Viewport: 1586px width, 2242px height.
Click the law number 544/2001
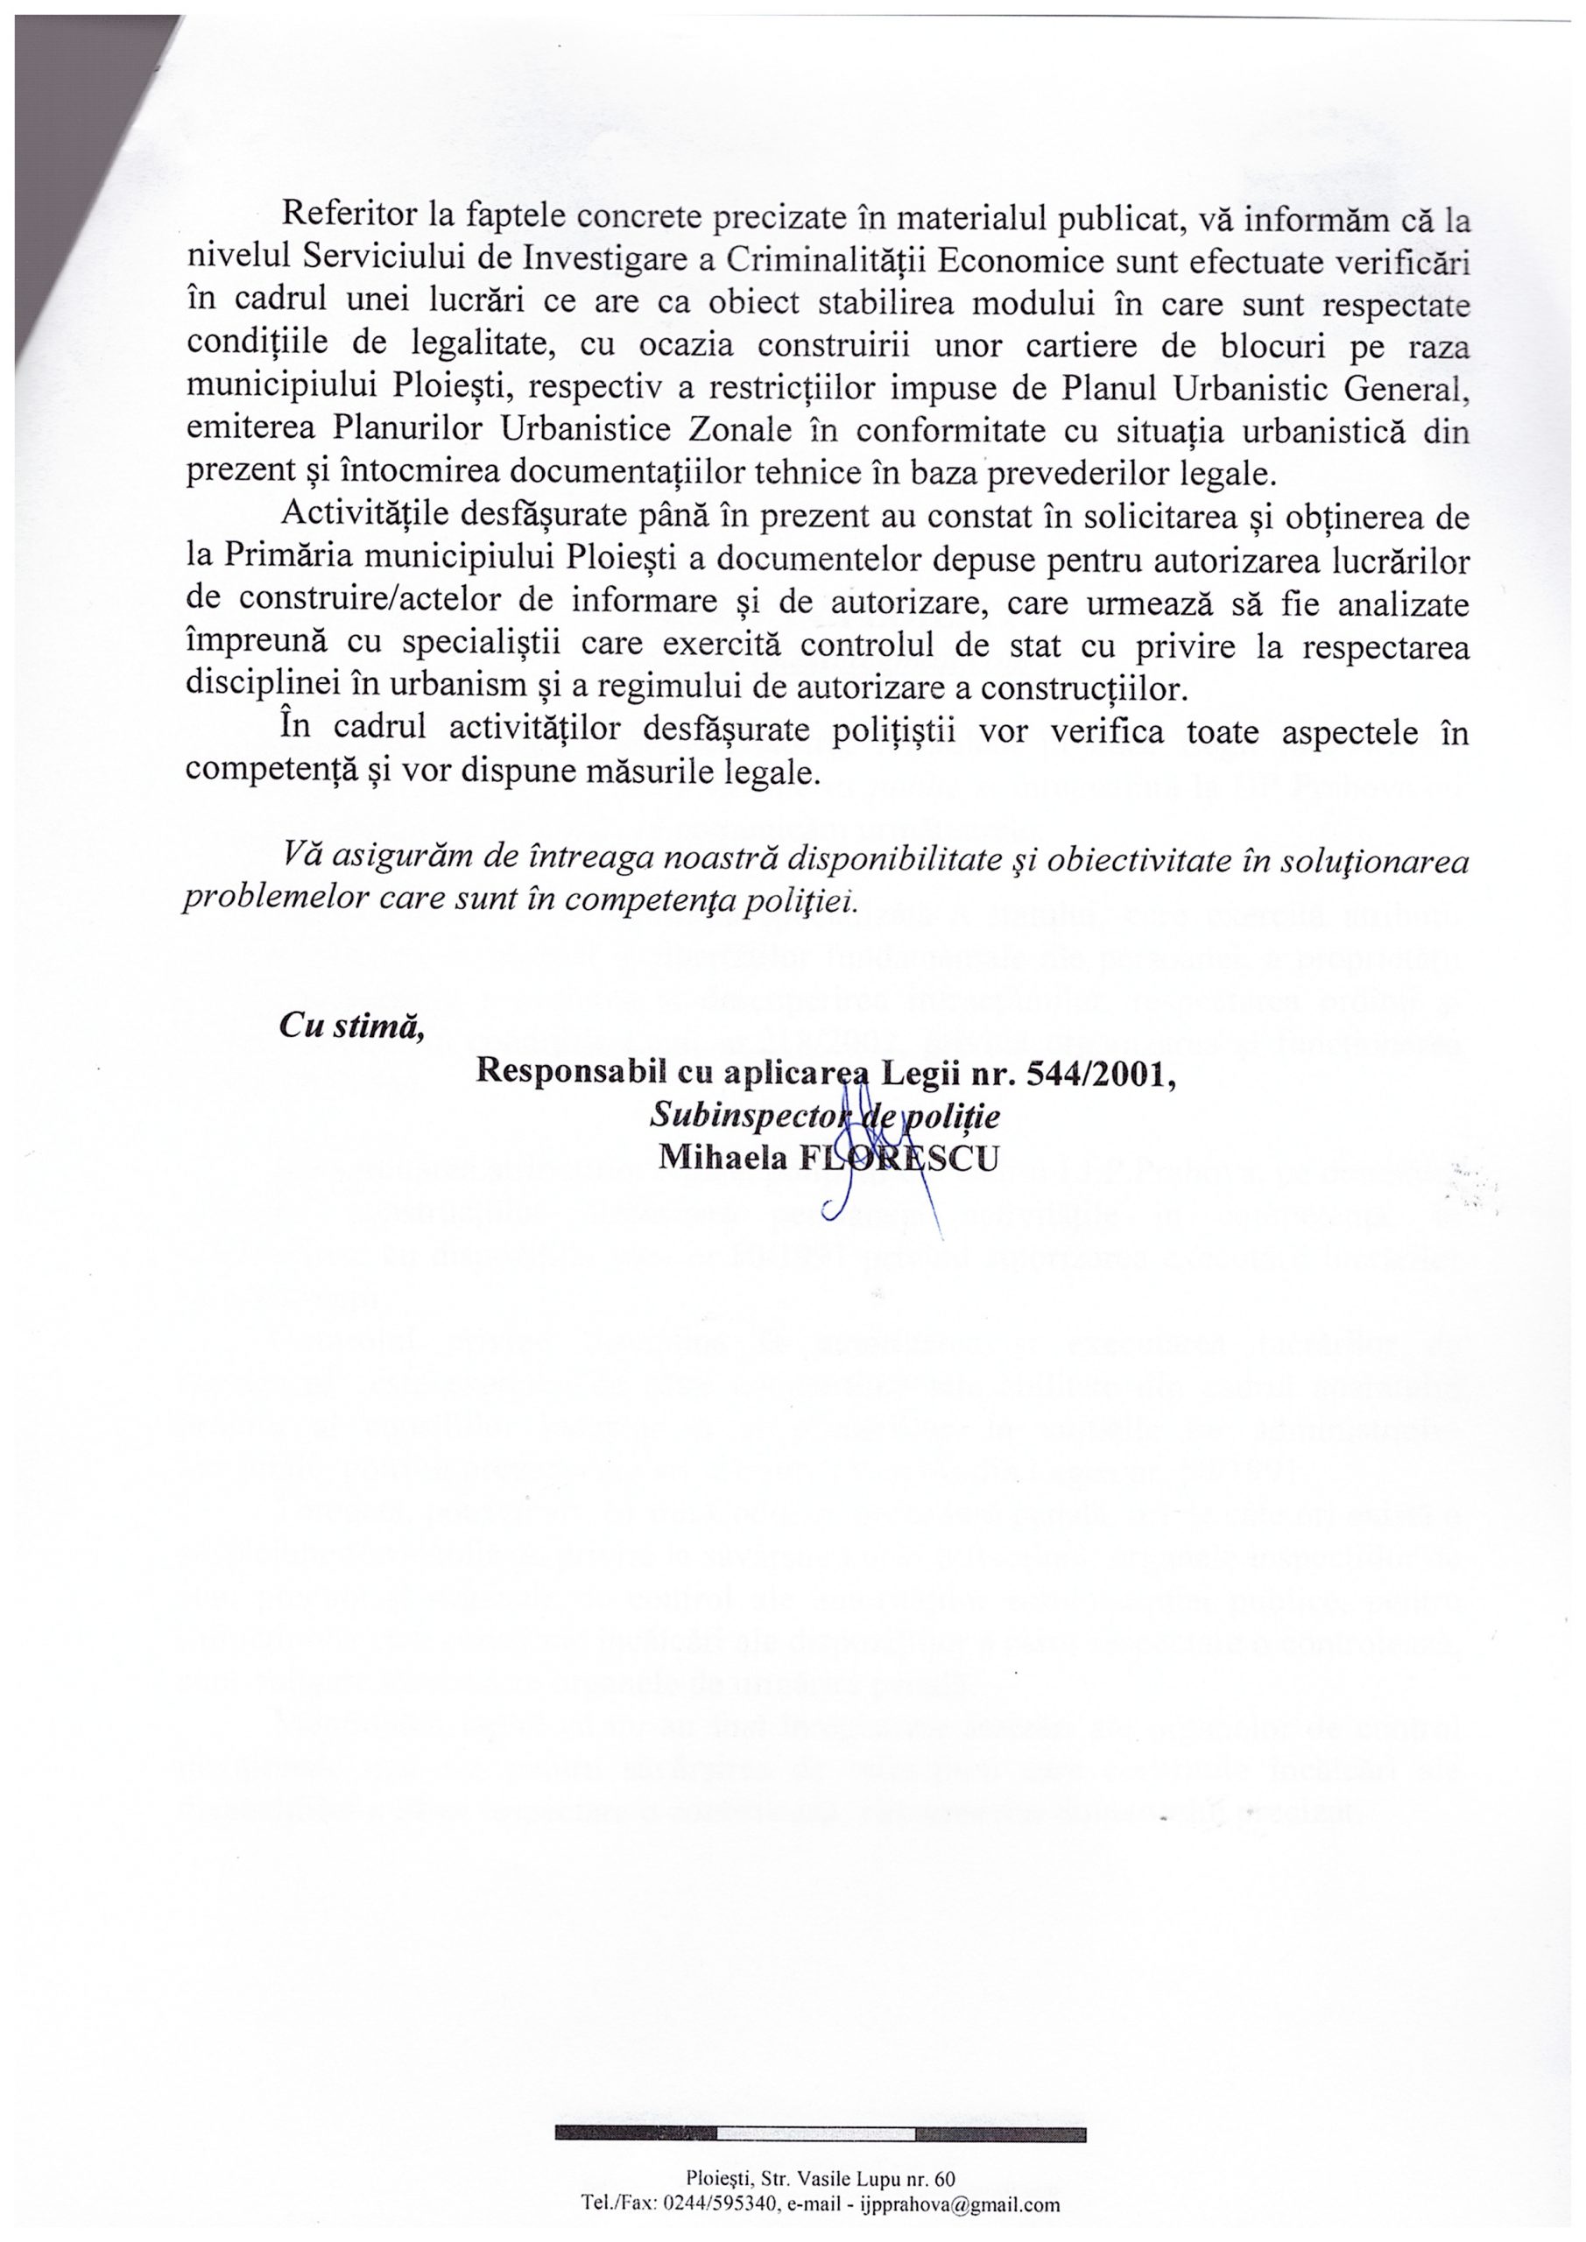[x=1099, y=1071]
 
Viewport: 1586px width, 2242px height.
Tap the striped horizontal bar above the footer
[x=821, y=2134]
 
